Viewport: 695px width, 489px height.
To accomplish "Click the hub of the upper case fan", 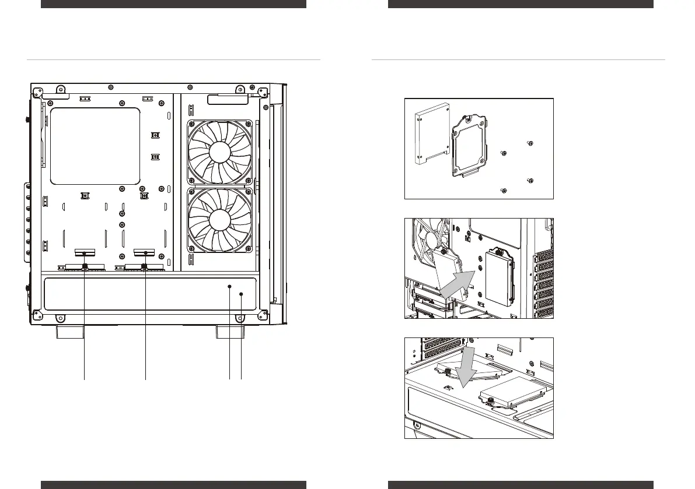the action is tap(220, 152).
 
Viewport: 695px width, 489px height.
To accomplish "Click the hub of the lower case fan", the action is tap(220, 220).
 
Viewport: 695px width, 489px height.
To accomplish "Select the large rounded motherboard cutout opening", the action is tap(96, 146).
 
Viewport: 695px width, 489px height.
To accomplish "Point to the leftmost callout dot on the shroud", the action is tap(230, 287).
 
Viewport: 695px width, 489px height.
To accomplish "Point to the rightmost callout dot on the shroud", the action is tap(242, 295).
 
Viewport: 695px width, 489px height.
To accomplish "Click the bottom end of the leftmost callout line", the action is tap(85, 379).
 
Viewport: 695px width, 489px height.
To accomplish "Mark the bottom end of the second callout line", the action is tap(145, 379).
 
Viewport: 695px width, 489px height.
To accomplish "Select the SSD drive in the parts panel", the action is tap(431, 134).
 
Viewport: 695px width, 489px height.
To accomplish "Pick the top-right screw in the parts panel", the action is tap(530, 143).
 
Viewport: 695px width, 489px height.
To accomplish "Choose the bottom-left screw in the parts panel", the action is tap(504, 191).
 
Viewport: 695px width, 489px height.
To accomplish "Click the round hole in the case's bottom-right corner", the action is tap(240, 318).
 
